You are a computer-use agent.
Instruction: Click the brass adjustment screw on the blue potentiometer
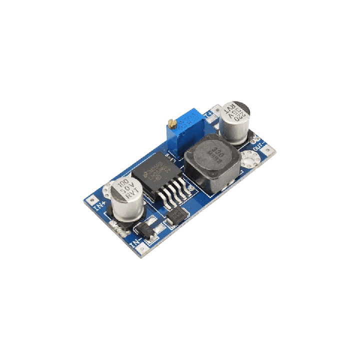(x=171, y=122)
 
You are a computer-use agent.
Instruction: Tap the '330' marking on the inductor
(x=216, y=151)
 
